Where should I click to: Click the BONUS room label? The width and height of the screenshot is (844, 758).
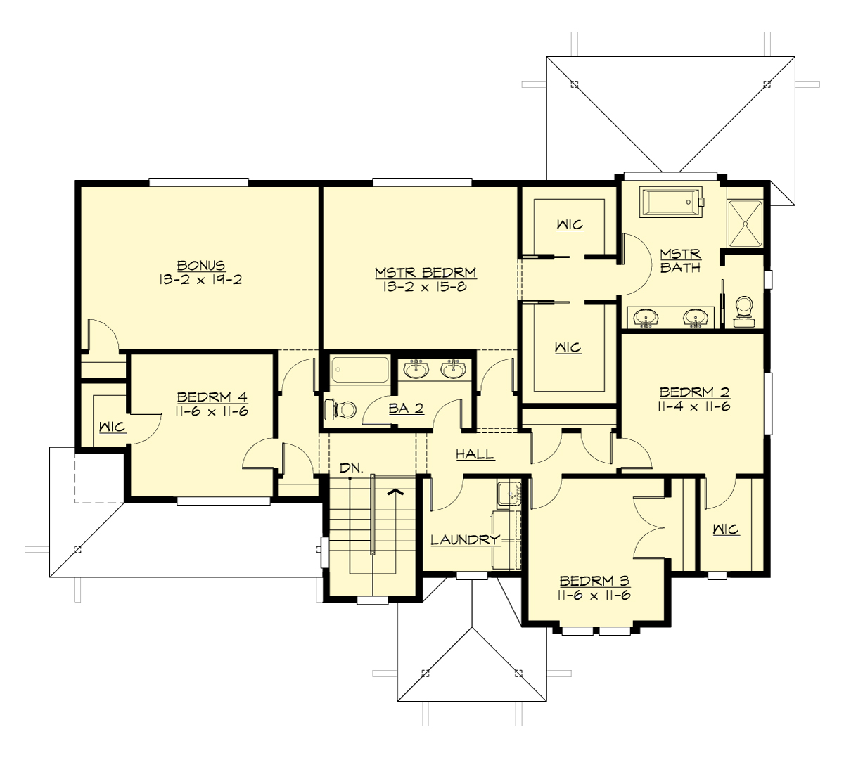[201, 266]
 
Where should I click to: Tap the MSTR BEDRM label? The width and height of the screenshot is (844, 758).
[426, 273]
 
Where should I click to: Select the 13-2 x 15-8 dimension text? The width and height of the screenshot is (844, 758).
[426, 287]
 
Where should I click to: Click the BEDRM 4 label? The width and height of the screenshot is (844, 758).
[212, 397]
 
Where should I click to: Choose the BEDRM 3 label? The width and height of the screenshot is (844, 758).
[594, 582]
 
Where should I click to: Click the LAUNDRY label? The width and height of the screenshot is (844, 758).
[465, 540]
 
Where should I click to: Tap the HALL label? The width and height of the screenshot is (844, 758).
[475, 454]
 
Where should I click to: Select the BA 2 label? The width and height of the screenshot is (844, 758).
[406, 409]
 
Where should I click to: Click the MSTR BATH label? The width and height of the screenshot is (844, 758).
[680, 260]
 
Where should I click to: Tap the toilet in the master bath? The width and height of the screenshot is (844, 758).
[743, 311]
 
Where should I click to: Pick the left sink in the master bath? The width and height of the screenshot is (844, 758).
[646, 319]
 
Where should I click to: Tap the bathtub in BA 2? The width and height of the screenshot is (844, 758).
[359, 370]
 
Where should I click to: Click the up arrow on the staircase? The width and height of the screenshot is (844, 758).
[395, 492]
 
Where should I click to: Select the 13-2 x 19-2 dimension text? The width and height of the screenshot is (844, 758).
[201, 280]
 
